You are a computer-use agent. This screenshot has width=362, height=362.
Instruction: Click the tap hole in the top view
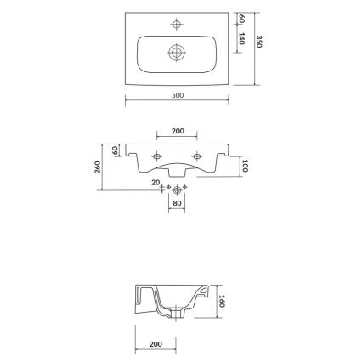click(177, 23)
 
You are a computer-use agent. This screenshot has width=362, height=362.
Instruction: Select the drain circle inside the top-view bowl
click(177, 52)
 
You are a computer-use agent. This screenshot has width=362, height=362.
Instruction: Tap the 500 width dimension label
click(177, 95)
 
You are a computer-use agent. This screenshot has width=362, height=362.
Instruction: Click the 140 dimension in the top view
click(241, 38)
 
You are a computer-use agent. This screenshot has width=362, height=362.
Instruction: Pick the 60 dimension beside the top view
click(241, 19)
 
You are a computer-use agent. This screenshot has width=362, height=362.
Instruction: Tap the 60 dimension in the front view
click(116, 150)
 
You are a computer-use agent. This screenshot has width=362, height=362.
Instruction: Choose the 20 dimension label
click(156, 182)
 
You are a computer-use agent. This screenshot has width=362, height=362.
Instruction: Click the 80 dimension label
click(177, 203)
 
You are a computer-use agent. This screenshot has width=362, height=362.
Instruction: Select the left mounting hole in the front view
click(156, 157)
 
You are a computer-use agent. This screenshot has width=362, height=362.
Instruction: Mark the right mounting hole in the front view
click(198, 157)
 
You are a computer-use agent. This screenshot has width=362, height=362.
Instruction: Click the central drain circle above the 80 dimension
click(177, 189)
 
